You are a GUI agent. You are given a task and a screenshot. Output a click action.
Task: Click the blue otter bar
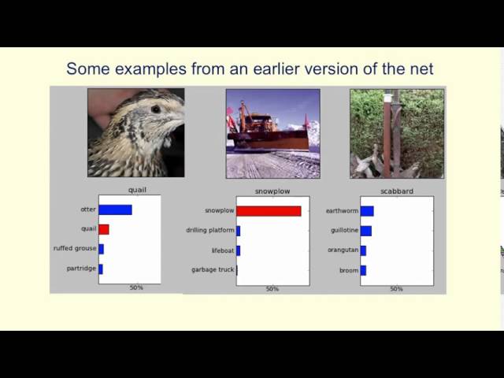coord(116,210)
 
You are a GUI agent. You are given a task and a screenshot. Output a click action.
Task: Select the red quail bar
coord(104,229)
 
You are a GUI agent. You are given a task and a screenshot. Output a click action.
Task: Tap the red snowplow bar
coord(269,211)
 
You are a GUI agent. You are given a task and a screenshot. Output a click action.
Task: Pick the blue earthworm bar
coord(367,211)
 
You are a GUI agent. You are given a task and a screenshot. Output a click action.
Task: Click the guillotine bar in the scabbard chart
coord(366,231)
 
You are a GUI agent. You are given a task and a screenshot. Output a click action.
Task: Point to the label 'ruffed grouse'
coord(75,249)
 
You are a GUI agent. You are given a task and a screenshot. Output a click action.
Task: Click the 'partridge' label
coord(81,269)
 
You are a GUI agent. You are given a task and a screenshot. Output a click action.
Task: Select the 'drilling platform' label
coord(210,230)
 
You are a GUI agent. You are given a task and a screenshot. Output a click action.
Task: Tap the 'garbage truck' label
coord(213,269)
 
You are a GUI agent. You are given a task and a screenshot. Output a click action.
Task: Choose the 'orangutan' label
coord(343,250)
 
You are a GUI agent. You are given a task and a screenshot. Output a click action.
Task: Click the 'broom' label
coord(349,270)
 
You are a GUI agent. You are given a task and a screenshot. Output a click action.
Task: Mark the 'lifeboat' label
coord(223,250)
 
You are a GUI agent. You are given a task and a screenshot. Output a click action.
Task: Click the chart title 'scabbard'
coord(397,191)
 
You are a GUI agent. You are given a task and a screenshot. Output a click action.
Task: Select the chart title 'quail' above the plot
coord(137,190)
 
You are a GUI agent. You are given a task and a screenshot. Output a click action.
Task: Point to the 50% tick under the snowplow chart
coord(272,289)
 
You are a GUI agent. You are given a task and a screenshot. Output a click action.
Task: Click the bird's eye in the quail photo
coord(156,109)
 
